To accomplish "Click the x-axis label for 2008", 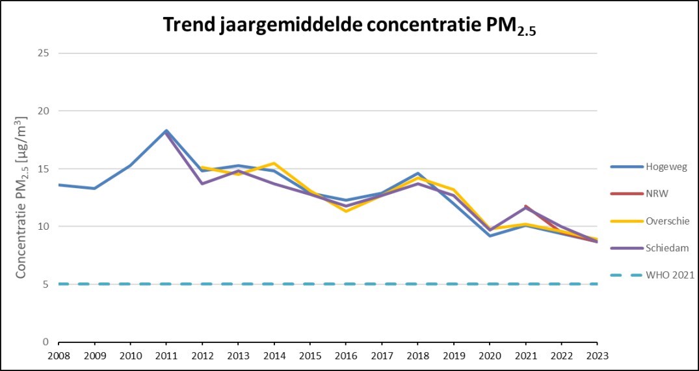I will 59,355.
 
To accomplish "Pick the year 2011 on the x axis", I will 166,355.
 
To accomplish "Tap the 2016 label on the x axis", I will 346,355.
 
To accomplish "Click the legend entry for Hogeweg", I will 665,167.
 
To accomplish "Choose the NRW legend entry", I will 657,194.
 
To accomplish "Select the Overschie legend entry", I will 666,221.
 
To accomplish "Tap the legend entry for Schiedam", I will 666,248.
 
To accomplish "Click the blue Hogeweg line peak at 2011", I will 166,131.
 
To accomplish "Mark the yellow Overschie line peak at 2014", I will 274,163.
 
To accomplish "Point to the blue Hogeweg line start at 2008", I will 59,185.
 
